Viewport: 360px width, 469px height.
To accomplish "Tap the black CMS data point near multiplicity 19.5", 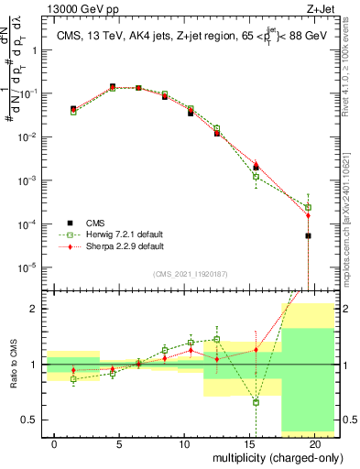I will tap(308, 235).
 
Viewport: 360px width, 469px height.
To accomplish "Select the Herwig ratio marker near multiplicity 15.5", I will tap(256, 402).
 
